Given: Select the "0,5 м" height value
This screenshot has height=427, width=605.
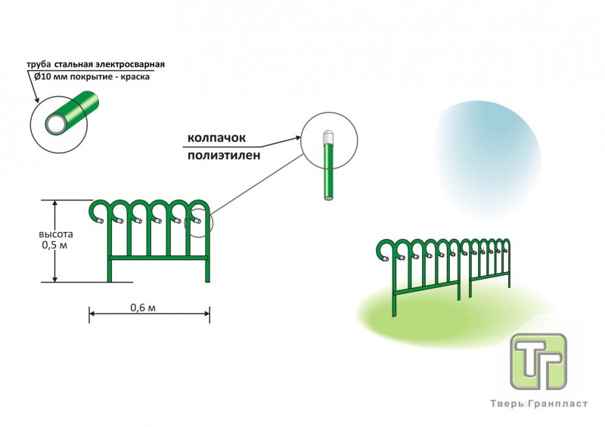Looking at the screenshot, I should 53,245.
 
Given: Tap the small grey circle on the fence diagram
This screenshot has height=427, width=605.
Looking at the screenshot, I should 200,223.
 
